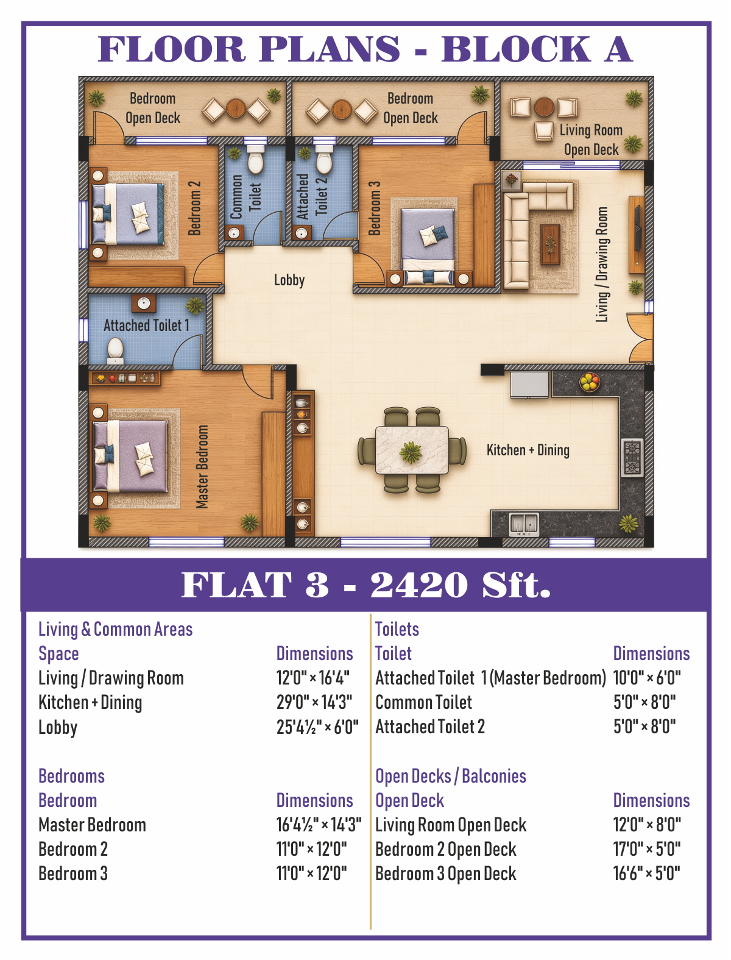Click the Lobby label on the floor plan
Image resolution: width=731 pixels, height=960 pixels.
[x=289, y=280]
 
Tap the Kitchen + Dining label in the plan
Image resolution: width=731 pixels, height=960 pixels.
[x=528, y=450]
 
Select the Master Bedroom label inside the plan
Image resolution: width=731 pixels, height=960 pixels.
[x=202, y=466]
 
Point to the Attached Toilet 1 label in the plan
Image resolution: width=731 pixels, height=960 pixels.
[x=146, y=325]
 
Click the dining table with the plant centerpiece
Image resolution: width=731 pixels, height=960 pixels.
[x=412, y=450]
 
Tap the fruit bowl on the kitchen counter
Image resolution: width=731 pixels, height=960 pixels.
[x=589, y=382]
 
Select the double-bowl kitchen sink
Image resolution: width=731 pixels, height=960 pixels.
[x=524, y=524]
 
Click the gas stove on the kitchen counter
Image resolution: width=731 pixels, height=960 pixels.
[x=632, y=457]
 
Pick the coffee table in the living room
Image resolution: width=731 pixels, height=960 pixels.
[x=550, y=244]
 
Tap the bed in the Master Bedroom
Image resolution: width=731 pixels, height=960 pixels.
[x=130, y=456]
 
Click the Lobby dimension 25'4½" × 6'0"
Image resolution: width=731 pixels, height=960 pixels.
[x=317, y=727]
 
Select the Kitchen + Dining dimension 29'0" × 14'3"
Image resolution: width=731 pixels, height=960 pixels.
[x=314, y=702]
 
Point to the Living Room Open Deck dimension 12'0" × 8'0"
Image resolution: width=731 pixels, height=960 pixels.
[x=647, y=825]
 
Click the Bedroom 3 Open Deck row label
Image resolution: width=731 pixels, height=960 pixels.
[x=446, y=873]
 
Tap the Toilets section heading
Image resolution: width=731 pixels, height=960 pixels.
[x=397, y=629]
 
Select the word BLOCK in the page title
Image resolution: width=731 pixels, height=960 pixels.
[x=516, y=49]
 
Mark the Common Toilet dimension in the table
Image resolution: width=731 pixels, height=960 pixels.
[x=644, y=702]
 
